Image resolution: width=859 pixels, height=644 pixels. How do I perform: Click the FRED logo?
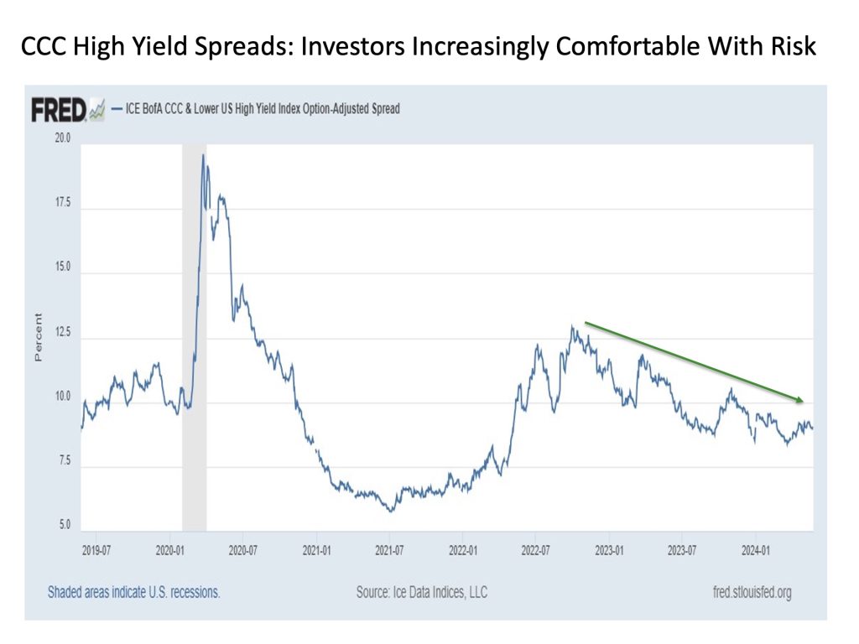point(59,110)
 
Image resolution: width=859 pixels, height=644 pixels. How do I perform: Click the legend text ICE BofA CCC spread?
point(262,109)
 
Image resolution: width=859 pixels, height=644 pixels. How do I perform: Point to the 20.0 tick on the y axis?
point(62,138)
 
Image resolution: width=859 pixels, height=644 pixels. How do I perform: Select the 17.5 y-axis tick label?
point(62,204)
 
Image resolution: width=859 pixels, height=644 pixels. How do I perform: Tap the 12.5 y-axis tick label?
point(62,334)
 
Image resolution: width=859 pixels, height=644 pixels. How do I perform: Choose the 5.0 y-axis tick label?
point(62,526)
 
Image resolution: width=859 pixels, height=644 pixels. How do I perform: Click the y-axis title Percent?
point(38,338)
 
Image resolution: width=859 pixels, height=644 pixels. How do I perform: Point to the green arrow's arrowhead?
point(801,400)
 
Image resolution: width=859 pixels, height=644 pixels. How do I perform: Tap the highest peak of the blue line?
point(203,155)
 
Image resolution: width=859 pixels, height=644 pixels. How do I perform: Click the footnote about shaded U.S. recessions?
point(134,593)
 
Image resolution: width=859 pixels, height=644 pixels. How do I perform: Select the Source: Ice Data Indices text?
point(421,593)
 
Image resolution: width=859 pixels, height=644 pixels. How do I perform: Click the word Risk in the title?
point(792,47)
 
